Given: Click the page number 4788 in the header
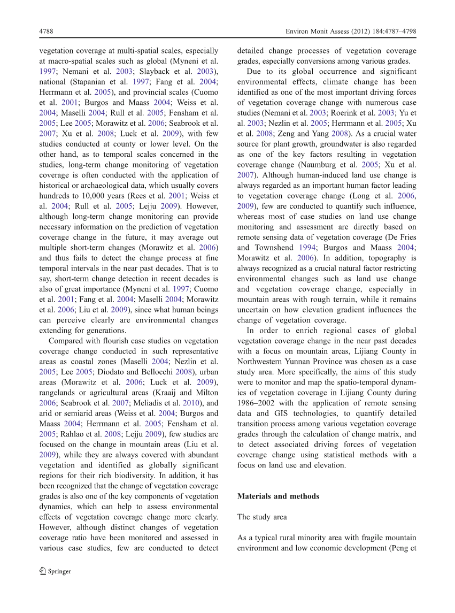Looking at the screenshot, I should (46, 32).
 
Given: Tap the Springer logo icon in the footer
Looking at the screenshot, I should (43, 571).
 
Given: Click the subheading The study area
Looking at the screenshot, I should (262, 517).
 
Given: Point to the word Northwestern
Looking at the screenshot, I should (263, 362).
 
